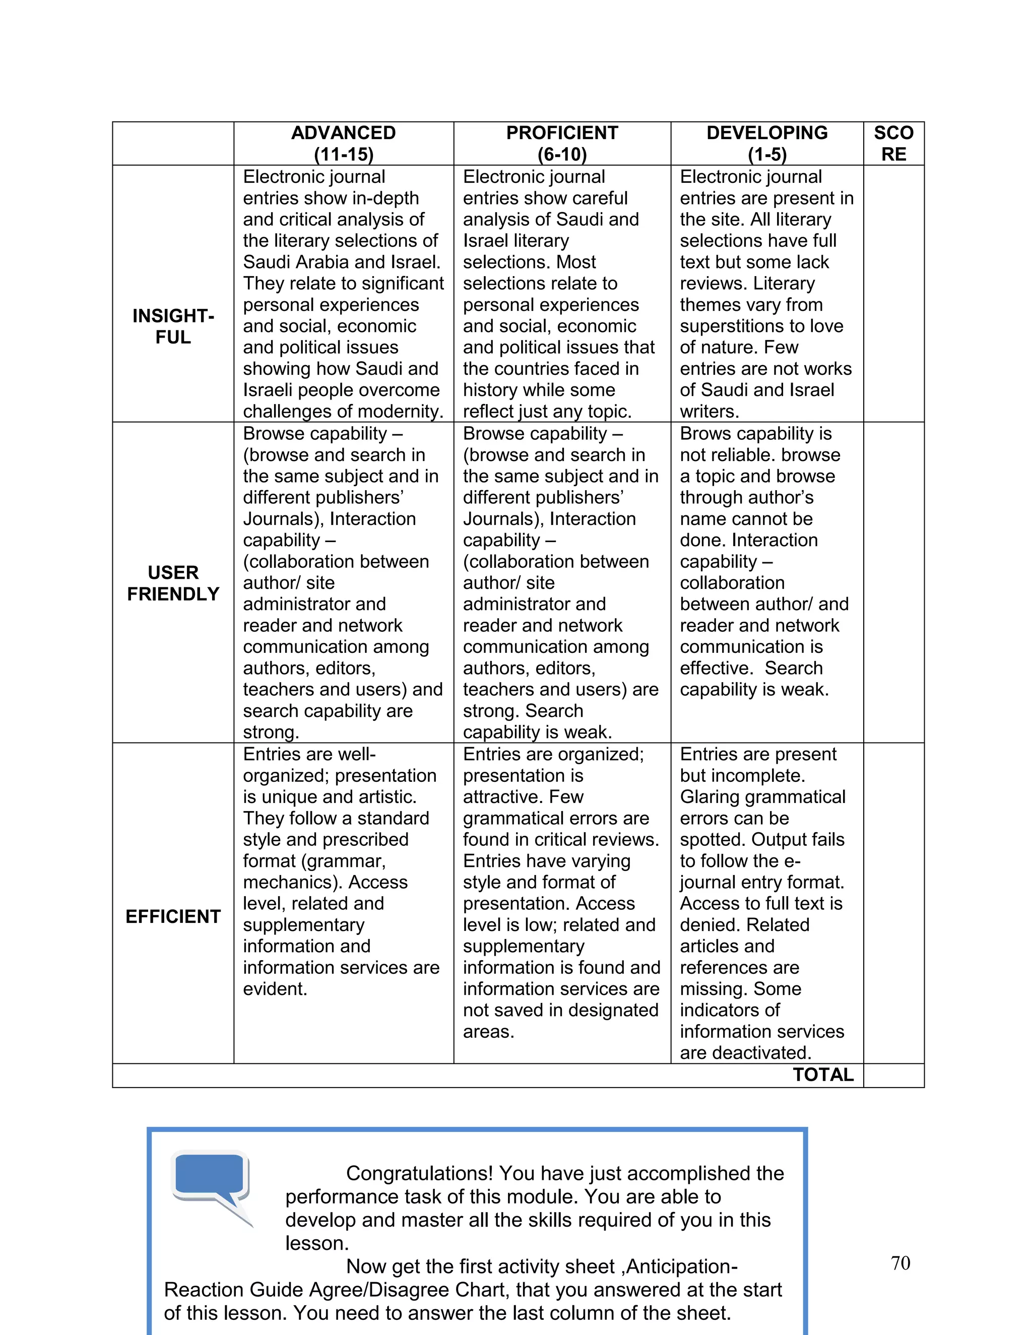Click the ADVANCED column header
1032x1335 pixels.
pos(343,132)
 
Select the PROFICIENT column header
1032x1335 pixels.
pos(562,132)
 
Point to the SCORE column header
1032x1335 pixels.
pos(893,143)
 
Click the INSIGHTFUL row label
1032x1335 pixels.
pos(173,326)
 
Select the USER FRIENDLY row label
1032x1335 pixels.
pos(173,582)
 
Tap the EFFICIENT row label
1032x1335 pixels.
pos(173,916)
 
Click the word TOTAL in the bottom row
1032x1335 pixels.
pos(823,1074)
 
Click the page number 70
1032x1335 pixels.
pos(900,1262)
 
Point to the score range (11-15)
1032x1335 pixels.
pos(343,154)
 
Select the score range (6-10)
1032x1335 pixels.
pos(562,154)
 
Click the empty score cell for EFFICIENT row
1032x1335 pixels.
pos(893,903)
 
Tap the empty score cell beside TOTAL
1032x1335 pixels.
pos(893,1075)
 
